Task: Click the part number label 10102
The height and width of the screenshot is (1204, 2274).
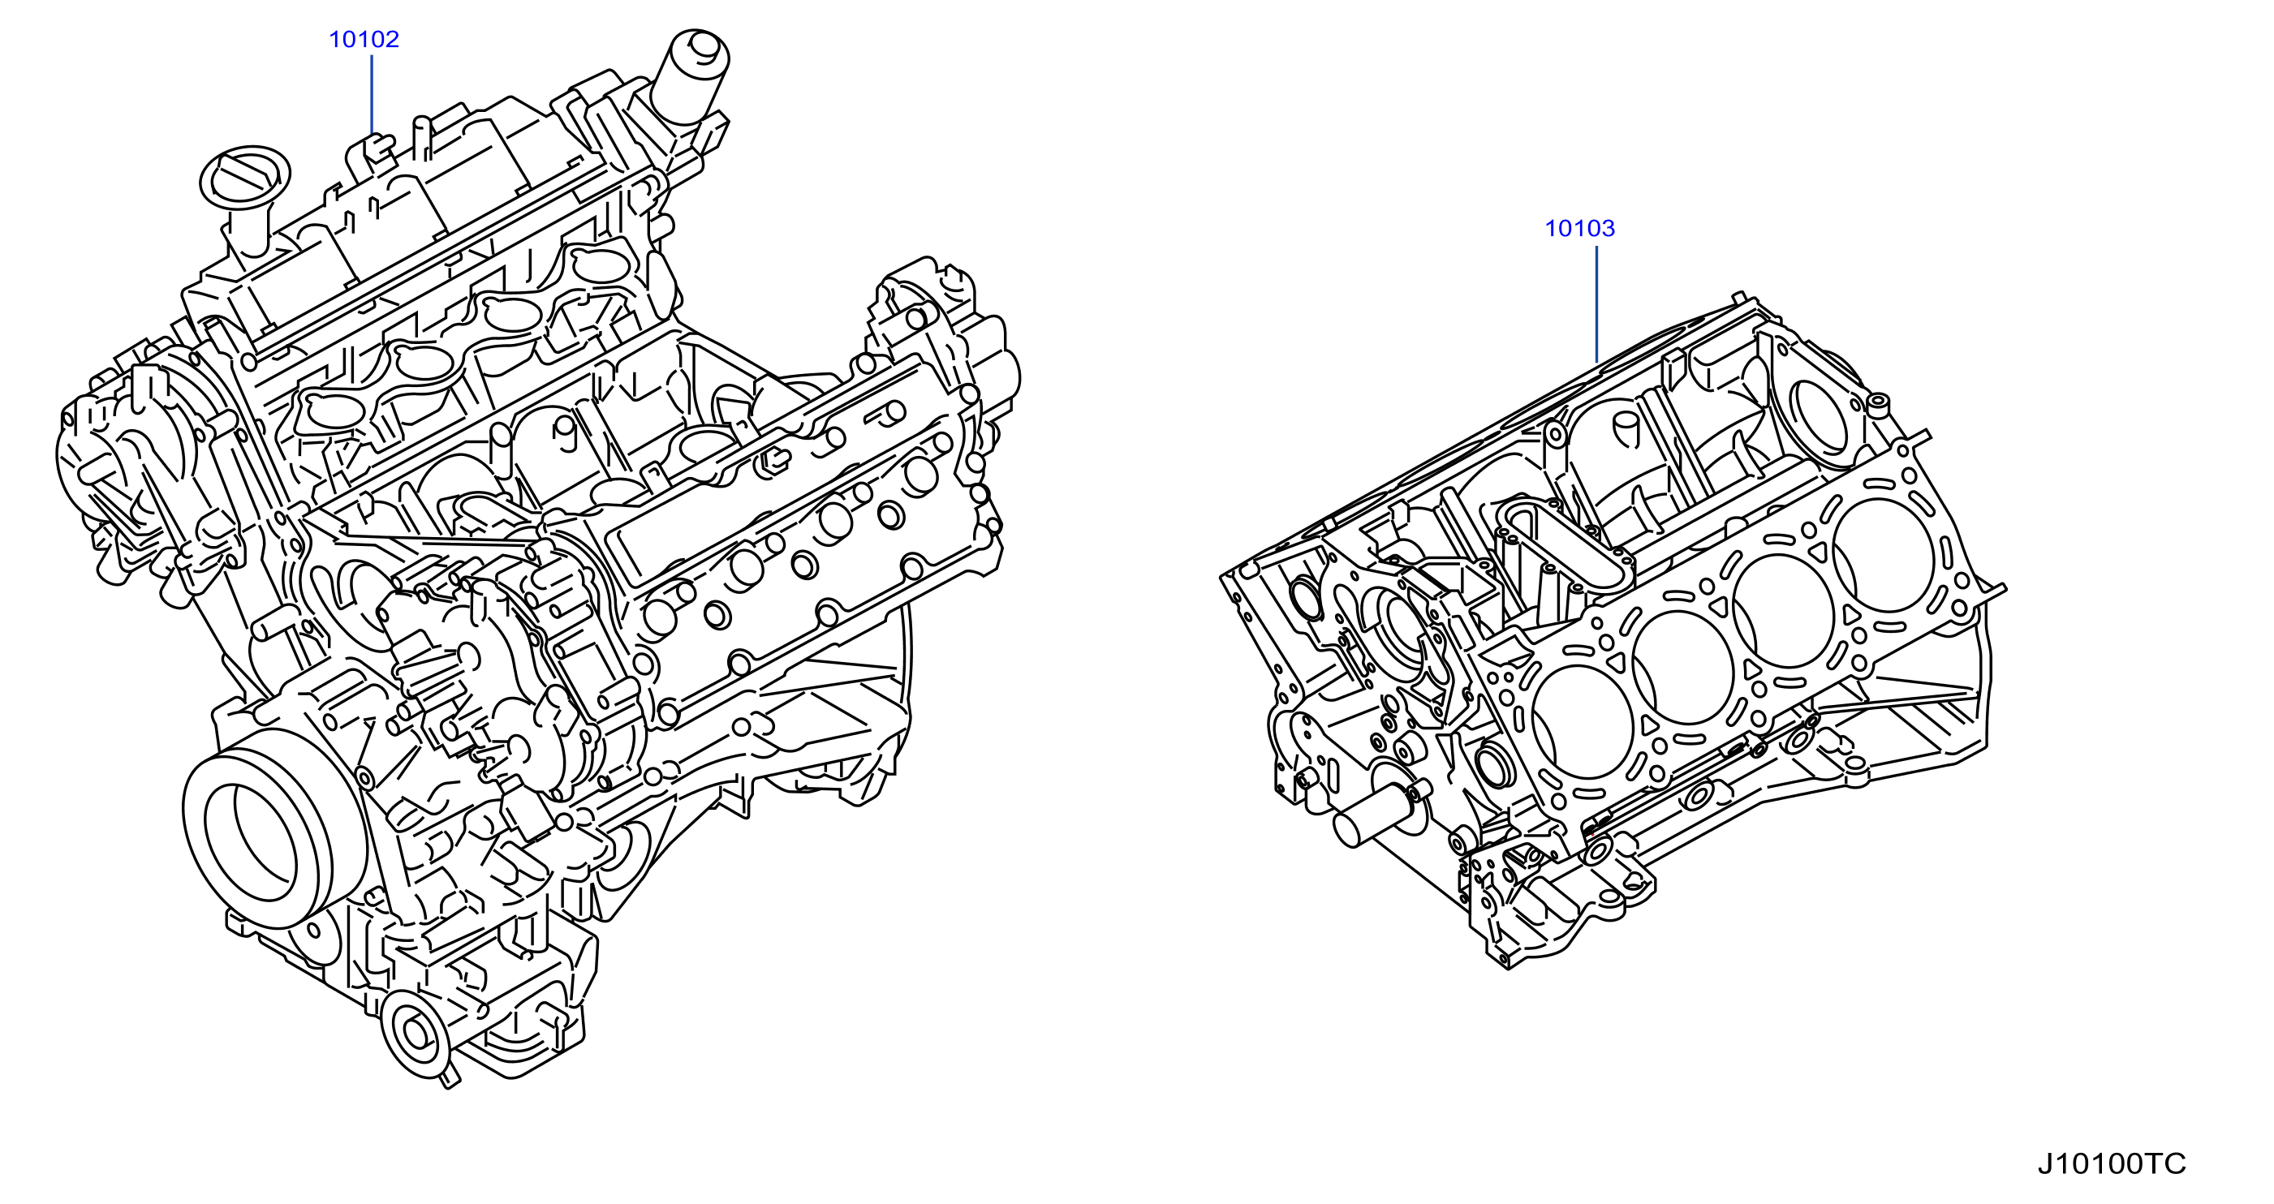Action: click(x=364, y=40)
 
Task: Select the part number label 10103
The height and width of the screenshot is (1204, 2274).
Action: click(x=1579, y=229)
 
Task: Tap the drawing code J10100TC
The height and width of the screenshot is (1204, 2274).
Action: click(x=2112, y=1163)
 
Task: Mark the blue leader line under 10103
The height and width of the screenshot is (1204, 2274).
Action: click(x=1597, y=303)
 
